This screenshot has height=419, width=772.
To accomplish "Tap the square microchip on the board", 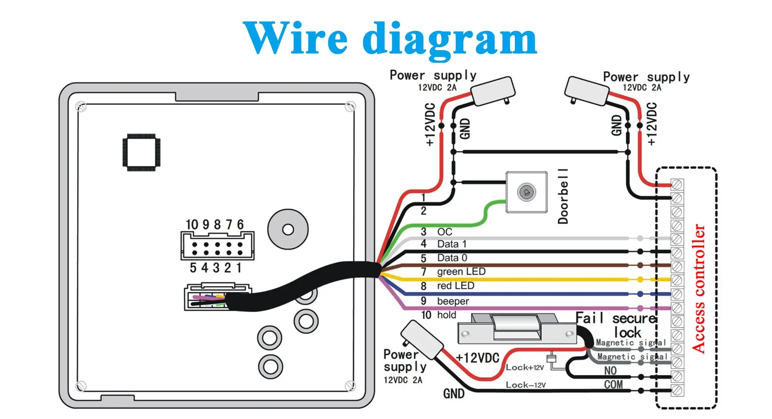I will pyautogui.click(x=141, y=152).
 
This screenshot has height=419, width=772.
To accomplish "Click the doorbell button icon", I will pyautogui.click(x=526, y=192).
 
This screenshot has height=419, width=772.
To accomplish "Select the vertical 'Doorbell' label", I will pyautogui.click(x=563, y=196).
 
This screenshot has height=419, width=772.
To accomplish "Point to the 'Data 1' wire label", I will pyautogui.click(x=452, y=244).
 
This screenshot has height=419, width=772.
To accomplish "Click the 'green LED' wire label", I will pyautogui.click(x=461, y=272).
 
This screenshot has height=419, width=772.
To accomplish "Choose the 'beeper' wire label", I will pyautogui.click(x=453, y=301).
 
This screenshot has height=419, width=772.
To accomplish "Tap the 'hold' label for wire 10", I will pyautogui.click(x=447, y=315).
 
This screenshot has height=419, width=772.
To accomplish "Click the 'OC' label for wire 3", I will pyautogui.click(x=444, y=232).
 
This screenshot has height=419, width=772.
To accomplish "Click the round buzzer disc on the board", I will pyautogui.click(x=288, y=230).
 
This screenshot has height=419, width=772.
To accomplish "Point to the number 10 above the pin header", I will pyautogui.click(x=192, y=225).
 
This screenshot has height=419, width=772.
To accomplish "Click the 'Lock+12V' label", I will pyautogui.click(x=525, y=368).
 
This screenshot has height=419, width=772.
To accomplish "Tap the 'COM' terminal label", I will pyautogui.click(x=613, y=385).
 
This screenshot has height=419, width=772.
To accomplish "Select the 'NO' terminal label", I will pyautogui.click(x=610, y=371).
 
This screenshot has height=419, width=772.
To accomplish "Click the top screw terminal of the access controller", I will pyautogui.click(x=677, y=185).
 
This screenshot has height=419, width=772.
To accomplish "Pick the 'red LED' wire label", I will pyautogui.click(x=455, y=286).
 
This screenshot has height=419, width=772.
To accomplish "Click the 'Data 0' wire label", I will pyautogui.click(x=452, y=258).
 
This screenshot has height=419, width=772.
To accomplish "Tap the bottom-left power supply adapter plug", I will pyautogui.click(x=422, y=339).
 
